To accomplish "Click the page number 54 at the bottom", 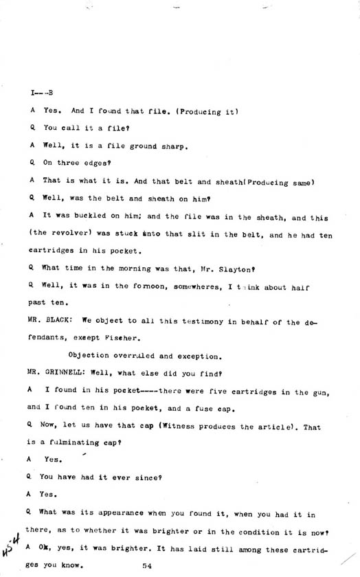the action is click(x=147, y=565).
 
